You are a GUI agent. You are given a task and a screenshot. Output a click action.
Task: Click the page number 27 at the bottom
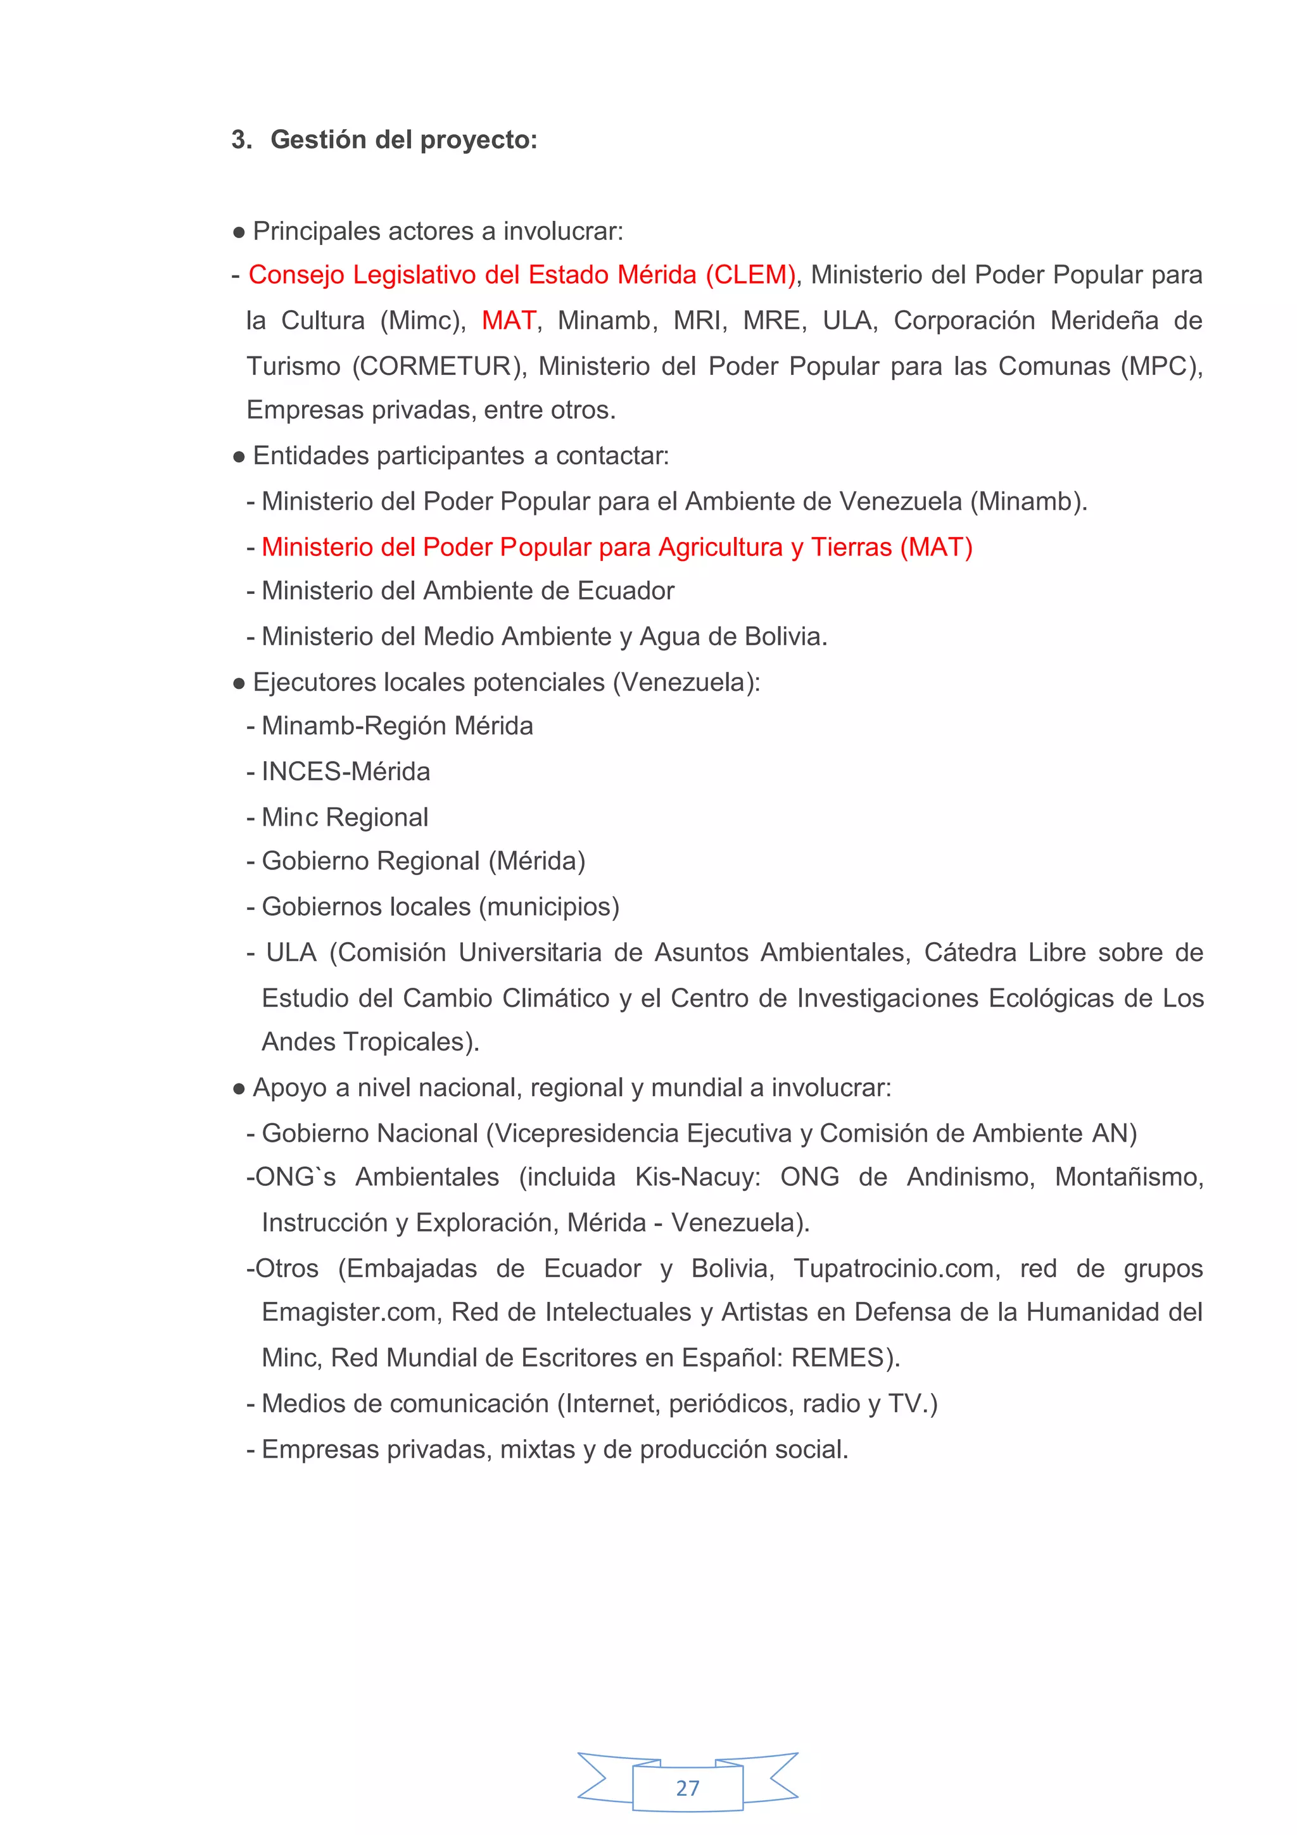pyautogui.click(x=687, y=1788)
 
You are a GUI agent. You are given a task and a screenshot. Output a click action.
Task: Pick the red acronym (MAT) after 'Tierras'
pyautogui.click(x=936, y=548)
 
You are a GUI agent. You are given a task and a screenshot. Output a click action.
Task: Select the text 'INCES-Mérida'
pyautogui.click(x=346, y=772)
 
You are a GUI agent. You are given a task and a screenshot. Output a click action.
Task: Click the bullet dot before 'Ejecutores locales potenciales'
pyautogui.click(x=238, y=684)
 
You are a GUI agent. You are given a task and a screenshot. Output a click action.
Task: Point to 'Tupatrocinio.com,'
pyautogui.click(x=897, y=1269)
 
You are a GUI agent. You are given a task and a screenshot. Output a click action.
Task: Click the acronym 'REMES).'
pyautogui.click(x=845, y=1358)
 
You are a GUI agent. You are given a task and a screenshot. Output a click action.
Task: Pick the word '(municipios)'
pyautogui.click(x=549, y=907)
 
